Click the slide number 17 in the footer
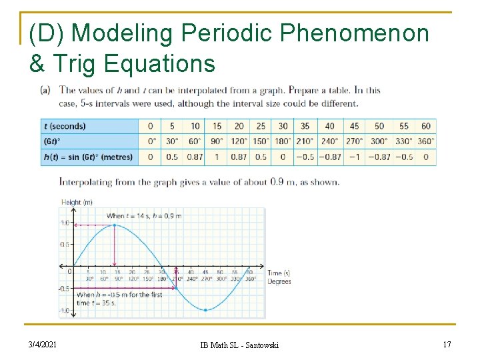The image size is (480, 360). click(x=447, y=344)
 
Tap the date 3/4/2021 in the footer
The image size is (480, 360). click(x=43, y=344)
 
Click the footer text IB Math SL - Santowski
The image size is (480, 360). click(x=240, y=345)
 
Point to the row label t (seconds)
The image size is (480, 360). click(x=65, y=126)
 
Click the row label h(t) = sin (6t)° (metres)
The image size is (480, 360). click(x=88, y=157)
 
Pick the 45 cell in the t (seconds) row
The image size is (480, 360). click(x=354, y=126)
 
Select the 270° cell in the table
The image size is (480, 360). click(x=354, y=141)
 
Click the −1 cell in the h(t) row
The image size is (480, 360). click(x=354, y=157)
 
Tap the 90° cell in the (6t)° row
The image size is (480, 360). click(x=217, y=141)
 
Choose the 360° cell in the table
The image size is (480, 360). click(x=425, y=141)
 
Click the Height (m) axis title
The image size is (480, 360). click(x=76, y=202)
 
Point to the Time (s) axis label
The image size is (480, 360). click(x=279, y=273)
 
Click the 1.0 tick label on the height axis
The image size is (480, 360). click(x=65, y=223)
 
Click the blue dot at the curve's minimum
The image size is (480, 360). click(x=205, y=310)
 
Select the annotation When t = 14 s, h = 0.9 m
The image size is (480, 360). click(x=143, y=215)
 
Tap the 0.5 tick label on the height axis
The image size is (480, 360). click(x=65, y=245)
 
